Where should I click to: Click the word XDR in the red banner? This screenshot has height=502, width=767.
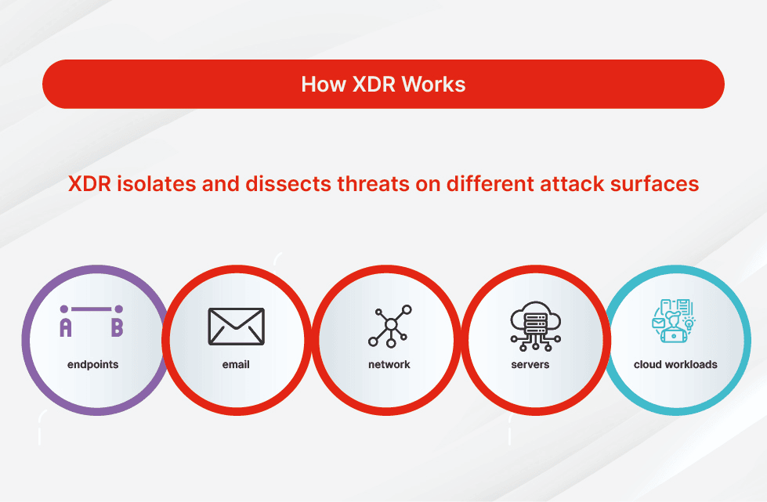coord(374,84)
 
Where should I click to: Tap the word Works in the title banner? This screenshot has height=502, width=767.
coord(433,84)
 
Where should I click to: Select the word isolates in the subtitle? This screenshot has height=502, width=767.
coord(157,184)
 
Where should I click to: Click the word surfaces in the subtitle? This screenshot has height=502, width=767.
coord(654,184)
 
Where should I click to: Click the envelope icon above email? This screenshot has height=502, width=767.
coord(237,327)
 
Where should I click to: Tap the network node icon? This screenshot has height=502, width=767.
coord(390,326)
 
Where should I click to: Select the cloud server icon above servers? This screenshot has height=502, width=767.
coord(536,326)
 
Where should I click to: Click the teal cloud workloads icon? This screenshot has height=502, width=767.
coord(674,320)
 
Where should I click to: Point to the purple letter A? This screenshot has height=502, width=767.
coord(66,327)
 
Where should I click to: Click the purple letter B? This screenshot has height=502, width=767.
coord(117,327)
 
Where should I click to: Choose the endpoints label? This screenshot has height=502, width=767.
coord(93,365)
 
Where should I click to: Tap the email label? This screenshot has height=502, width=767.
coord(236,365)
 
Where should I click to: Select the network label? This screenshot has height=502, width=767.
coord(389,365)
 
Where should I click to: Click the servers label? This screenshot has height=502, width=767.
coord(530,365)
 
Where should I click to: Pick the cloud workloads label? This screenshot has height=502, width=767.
coord(675,365)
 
